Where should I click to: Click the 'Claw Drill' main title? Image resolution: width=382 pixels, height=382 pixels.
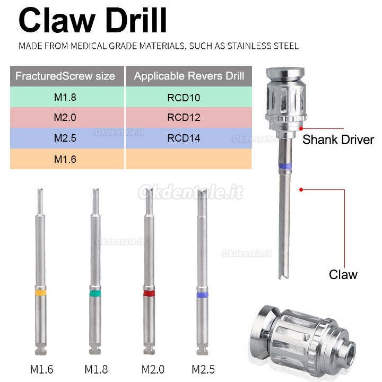pyautogui.click(x=92, y=20)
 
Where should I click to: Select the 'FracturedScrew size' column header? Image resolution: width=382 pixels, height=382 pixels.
pyautogui.click(x=65, y=76)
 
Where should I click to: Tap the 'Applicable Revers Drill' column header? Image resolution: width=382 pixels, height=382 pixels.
pyautogui.click(x=189, y=76)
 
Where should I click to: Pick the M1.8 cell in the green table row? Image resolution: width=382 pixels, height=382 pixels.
pyautogui.click(x=65, y=97)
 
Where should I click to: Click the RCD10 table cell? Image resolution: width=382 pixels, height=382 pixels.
pyautogui.click(x=184, y=98)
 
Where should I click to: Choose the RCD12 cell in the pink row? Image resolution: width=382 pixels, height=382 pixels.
pyautogui.click(x=184, y=118)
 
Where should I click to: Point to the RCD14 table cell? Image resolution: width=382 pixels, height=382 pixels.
pyautogui.click(x=184, y=138)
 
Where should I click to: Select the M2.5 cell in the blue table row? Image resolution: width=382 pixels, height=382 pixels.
pyautogui.click(x=65, y=138)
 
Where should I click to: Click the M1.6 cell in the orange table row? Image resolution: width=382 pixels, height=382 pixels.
pyautogui.click(x=65, y=159)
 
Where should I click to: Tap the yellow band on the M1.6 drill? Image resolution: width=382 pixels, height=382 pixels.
pyautogui.click(x=41, y=292)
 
